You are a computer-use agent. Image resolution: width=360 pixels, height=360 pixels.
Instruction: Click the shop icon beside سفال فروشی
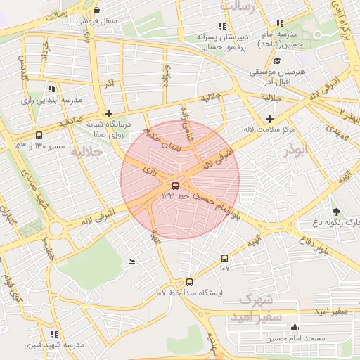click(96, 10)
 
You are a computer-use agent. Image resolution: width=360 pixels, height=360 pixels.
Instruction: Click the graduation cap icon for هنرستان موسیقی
click(276, 60)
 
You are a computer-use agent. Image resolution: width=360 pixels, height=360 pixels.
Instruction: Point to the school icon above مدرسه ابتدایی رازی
click(51, 89)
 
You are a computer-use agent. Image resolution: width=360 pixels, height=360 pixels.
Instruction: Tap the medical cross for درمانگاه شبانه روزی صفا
click(108, 112)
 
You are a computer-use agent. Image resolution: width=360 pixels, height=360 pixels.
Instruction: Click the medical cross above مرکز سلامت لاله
click(269, 117)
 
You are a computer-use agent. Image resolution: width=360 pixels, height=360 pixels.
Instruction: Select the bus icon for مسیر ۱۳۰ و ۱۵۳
click(38, 135)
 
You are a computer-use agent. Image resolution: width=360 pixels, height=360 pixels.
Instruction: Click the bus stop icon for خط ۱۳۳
click(174, 186)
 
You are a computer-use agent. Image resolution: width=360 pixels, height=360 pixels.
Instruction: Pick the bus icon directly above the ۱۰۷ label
click(224, 258)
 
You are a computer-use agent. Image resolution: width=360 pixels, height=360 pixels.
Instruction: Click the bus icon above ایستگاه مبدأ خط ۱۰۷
click(189, 282)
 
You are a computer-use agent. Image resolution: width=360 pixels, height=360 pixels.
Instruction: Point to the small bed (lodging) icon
click(131, 262)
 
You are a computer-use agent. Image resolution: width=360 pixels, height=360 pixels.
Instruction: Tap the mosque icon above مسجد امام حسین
click(294, 328)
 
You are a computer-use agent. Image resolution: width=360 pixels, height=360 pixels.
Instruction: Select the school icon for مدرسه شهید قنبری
click(54, 334)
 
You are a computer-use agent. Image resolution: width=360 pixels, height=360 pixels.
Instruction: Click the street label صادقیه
click(71, 122)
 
